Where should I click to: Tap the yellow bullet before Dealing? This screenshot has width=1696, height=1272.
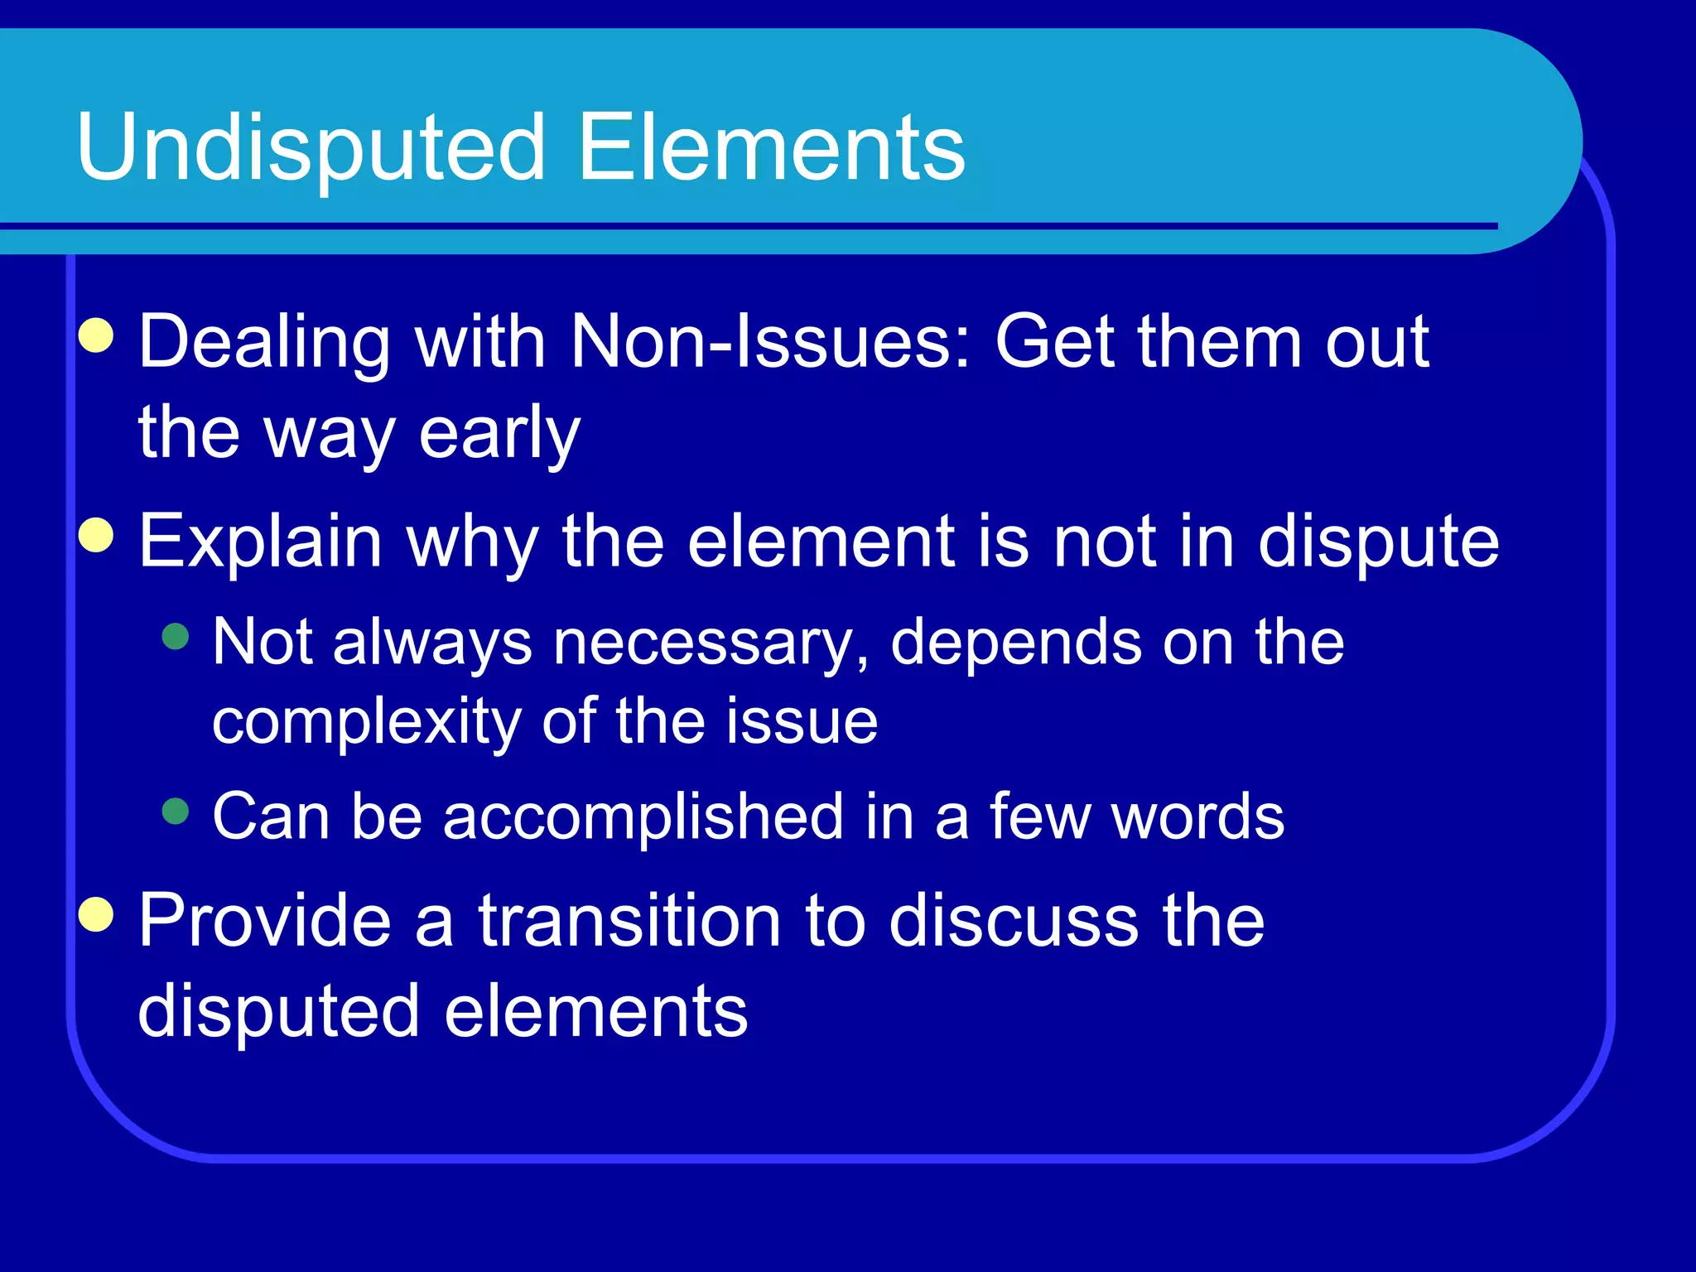(97, 335)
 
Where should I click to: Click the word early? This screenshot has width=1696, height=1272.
(499, 434)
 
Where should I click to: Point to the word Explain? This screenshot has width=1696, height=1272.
(260, 542)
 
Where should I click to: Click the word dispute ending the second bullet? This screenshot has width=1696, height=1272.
(1378, 542)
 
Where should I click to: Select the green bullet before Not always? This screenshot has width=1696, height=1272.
(176, 636)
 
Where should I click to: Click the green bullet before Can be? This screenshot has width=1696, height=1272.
(176, 811)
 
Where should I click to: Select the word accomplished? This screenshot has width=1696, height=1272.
(643, 817)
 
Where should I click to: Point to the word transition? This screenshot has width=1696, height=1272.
(629, 921)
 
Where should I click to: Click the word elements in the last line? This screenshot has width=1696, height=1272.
(596, 1011)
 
